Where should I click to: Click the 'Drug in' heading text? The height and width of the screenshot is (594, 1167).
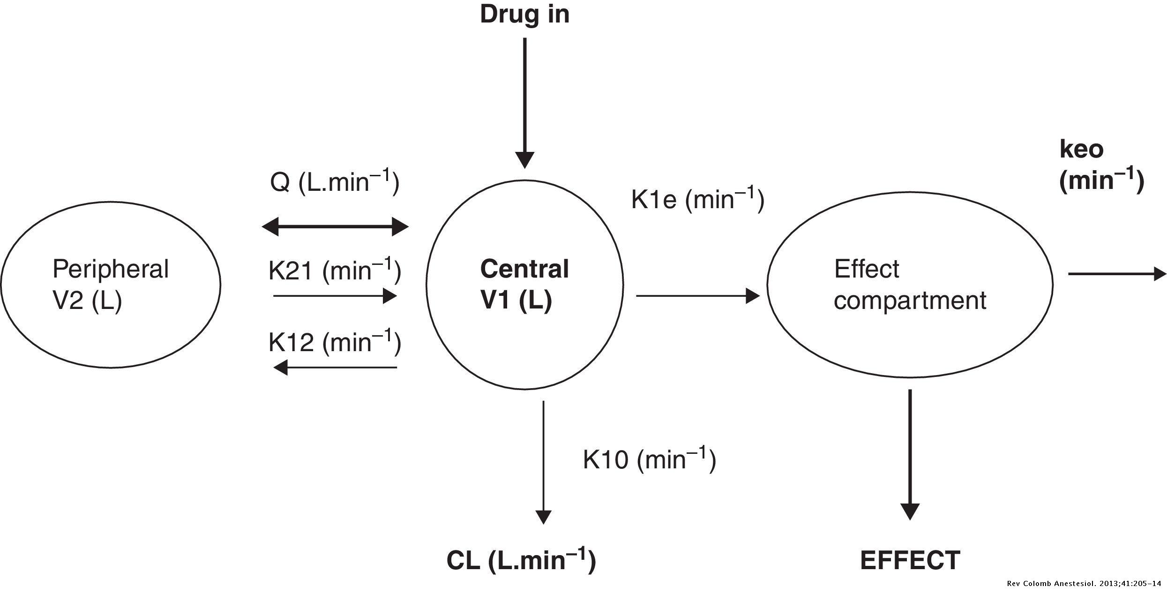(524, 15)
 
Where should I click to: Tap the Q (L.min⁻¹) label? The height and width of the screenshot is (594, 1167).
(334, 182)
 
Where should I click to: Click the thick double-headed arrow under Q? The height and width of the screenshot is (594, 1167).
(335, 227)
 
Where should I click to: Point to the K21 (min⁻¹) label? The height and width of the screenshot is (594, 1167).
(334, 271)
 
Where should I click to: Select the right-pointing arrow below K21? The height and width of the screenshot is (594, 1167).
(335, 296)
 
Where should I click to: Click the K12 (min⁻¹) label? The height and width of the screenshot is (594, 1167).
(334, 342)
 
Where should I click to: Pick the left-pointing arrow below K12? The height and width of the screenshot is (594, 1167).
(335, 368)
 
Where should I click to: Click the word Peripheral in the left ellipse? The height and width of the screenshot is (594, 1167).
(110, 269)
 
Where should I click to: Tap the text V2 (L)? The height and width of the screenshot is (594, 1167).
(87, 301)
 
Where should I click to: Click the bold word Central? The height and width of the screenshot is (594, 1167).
(524, 269)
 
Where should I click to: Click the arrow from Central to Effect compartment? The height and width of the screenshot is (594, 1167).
(697, 296)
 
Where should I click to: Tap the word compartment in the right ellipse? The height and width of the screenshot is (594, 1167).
(910, 301)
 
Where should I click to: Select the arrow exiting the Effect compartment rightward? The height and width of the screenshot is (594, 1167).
(1117, 273)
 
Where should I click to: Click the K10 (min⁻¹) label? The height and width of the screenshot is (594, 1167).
(649, 459)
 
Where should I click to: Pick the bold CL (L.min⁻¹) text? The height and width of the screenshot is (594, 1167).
(521, 560)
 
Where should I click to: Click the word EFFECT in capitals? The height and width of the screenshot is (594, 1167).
(910, 560)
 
